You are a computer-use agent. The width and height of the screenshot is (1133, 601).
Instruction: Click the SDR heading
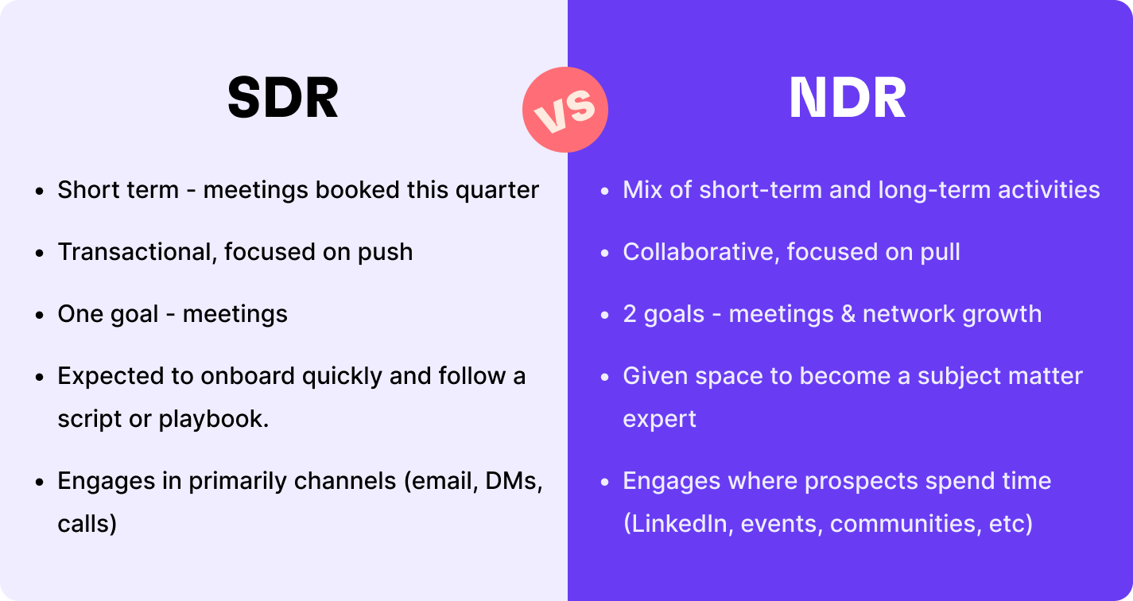coord(283,98)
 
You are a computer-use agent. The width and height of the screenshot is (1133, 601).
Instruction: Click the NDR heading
coord(848,98)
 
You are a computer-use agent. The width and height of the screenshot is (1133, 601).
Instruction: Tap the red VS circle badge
coord(565,110)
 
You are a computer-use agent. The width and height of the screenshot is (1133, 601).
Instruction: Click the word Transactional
coord(137,252)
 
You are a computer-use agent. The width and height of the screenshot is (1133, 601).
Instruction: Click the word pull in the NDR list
coord(940,253)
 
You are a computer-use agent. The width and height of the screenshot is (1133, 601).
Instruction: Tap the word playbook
coord(214,420)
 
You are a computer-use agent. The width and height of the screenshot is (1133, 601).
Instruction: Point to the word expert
coord(660,421)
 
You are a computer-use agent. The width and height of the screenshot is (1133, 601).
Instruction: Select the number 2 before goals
coord(630,314)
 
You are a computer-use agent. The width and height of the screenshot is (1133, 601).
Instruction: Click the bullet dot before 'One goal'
coord(40,315)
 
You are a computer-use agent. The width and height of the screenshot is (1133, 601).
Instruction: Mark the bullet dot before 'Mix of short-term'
coord(605,192)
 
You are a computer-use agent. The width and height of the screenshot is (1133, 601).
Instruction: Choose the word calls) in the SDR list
coord(87,524)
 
